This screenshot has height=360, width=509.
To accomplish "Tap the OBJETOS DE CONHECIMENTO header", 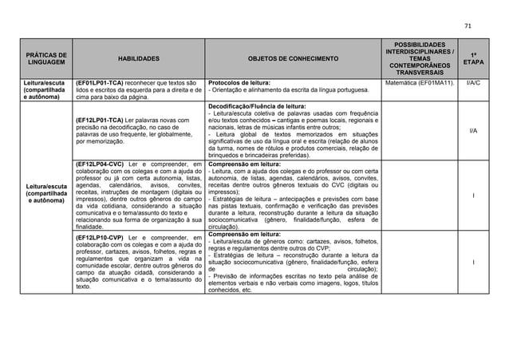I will [x=293, y=58].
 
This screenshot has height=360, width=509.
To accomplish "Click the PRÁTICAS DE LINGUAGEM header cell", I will [x=39, y=58].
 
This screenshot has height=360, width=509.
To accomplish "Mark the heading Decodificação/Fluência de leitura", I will [x=255, y=105].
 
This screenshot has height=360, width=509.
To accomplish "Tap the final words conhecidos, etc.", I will [x=229, y=291].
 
